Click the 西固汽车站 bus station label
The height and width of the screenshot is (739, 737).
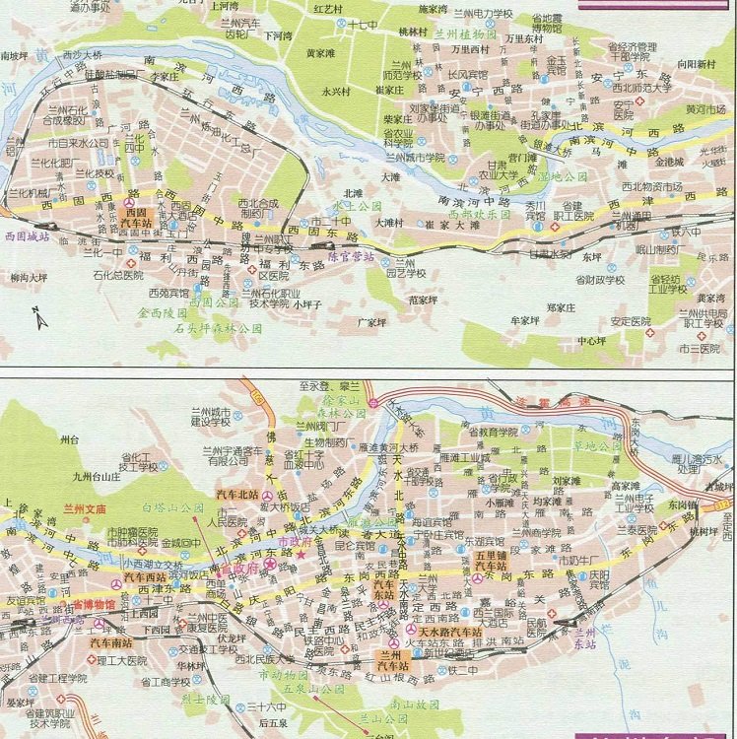135,218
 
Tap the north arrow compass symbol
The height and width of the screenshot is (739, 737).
34,316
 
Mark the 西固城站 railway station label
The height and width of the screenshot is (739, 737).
27,237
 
